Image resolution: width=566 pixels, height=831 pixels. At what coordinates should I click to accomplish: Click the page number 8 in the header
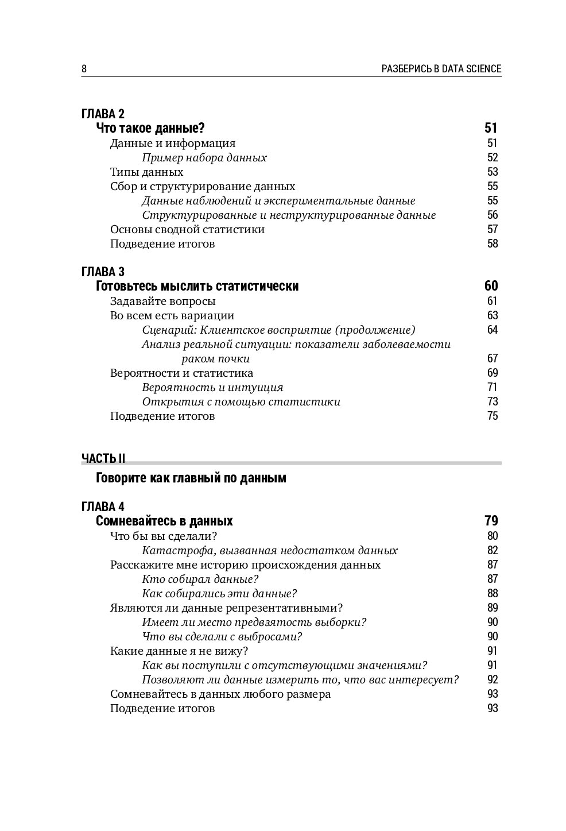(84, 69)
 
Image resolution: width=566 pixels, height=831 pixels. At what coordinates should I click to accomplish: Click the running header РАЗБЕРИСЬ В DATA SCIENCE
(441, 69)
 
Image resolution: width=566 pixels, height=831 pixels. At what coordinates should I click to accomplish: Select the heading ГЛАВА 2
(103, 113)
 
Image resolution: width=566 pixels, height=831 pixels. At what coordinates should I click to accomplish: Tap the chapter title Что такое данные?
(150, 127)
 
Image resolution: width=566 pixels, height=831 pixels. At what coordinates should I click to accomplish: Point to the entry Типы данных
(146, 172)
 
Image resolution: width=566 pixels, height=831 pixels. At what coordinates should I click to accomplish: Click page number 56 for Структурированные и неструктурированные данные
(492, 215)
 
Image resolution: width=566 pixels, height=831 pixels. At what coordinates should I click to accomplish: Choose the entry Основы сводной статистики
(187, 229)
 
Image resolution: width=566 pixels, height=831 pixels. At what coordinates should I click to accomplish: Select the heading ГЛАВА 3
(103, 271)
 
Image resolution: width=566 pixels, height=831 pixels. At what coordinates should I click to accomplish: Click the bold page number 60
(491, 286)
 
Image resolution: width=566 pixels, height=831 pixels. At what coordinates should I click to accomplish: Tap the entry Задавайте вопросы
(162, 301)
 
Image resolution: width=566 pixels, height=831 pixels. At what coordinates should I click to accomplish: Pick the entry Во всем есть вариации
(172, 315)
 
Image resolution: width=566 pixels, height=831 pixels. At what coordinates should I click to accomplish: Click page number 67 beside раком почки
(492, 358)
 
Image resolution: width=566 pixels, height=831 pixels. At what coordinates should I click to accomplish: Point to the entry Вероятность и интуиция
(212, 387)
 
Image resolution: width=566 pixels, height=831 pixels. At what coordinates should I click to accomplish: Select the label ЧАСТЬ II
(103, 458)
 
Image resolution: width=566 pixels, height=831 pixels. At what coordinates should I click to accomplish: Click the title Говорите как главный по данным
(191, 478)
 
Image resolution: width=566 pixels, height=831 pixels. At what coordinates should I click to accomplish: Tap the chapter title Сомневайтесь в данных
(164, 521)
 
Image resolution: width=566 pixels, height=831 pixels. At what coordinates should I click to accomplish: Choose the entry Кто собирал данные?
(200, 579)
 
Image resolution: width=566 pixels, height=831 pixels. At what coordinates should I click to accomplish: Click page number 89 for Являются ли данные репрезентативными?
(492, 608)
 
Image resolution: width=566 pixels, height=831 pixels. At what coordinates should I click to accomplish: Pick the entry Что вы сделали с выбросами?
(222, 636)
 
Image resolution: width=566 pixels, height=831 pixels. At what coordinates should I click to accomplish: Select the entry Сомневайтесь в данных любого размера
(220, 694)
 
